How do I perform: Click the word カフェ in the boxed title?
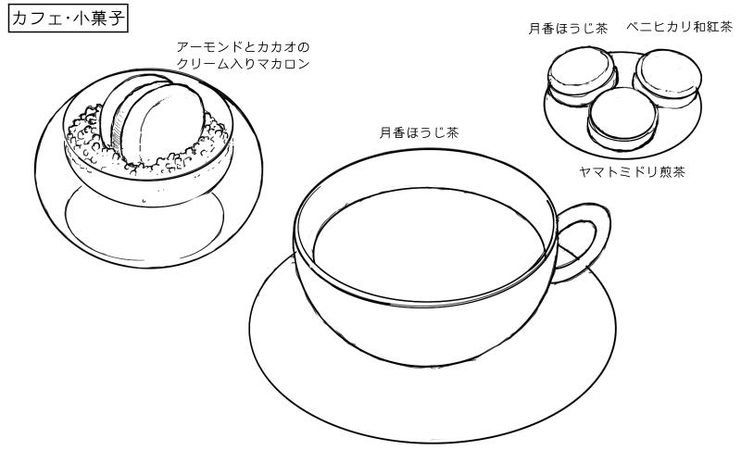click(35, 18)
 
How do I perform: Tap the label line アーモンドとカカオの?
click(243, 46)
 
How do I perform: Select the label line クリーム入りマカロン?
click(243, 64)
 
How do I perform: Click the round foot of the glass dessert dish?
click(144, 218)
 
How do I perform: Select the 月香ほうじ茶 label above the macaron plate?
click(568, 29)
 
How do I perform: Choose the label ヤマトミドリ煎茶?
click(632, 171)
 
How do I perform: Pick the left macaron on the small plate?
click(581, 74)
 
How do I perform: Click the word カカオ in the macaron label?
click(275, 46)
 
